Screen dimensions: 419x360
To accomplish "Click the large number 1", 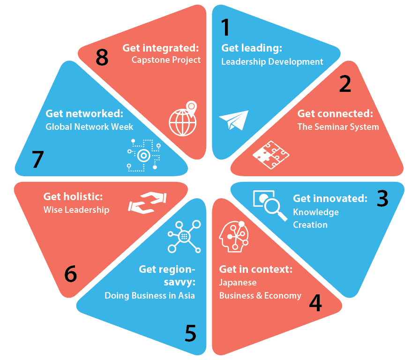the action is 226,27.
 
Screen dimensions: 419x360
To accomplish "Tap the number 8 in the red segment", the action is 102,57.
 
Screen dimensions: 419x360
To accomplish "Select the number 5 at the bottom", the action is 191,333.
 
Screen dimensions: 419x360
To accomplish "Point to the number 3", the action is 382,198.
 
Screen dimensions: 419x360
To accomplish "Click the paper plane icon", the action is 233,120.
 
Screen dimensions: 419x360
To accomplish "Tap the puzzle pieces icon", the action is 271,155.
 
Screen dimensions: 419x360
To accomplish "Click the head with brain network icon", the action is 234,237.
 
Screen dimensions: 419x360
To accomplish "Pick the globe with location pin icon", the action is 183,119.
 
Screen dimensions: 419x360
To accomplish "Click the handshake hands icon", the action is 147,203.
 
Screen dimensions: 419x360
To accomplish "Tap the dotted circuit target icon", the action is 144,155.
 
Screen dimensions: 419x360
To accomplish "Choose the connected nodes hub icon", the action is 184,237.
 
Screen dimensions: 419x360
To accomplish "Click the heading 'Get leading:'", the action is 252,48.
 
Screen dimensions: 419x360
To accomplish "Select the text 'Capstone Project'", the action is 166,60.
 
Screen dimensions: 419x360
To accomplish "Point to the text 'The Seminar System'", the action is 338,127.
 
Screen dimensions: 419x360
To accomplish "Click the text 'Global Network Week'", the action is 89,127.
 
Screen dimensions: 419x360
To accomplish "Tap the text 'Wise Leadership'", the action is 76,210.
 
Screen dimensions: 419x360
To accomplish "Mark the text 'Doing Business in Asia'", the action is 150,296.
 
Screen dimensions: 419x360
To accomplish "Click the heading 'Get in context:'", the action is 256,269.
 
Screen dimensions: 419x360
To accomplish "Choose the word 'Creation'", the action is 310,225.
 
